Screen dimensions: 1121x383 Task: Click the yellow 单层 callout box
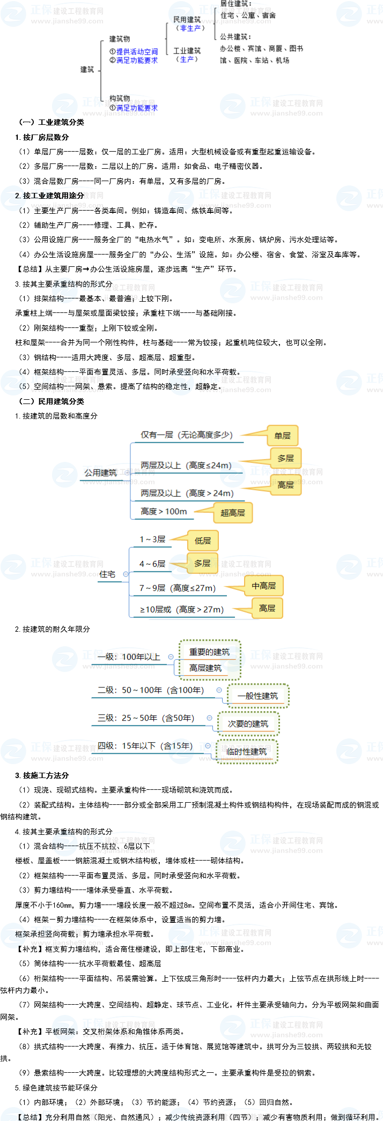282,436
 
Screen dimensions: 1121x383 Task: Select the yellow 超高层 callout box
233,513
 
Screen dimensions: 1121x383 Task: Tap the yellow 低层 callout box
203,541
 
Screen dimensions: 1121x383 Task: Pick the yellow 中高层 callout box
264,586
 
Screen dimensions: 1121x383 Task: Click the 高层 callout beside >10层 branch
267,608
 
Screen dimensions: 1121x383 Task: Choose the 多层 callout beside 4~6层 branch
202,563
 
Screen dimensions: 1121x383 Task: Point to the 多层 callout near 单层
286,458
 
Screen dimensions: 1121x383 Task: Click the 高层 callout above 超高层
286,485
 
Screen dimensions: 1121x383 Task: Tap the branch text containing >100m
164,511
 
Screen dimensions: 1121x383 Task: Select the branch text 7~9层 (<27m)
178,588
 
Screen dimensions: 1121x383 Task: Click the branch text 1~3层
153,539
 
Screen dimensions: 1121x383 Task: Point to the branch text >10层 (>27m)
181,609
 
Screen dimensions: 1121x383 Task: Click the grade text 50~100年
150,690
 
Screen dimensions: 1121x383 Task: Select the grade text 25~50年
145,718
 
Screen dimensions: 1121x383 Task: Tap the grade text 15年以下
145,746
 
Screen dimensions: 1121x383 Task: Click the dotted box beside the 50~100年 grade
259,696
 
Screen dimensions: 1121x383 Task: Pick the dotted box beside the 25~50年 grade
248,724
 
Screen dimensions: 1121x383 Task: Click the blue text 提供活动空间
137,52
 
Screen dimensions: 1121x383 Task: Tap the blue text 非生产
190,28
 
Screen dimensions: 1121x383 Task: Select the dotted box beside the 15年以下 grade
247,752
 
